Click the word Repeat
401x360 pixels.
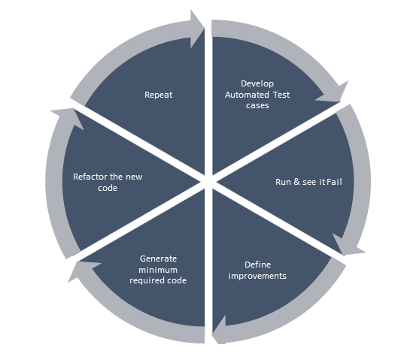point(158,95)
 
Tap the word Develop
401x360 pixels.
point(257,84)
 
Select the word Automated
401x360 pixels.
point(247,95)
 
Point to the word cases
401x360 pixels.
point(257,105)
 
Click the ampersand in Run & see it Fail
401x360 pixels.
point(296,182)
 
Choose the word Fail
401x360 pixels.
point(334,182)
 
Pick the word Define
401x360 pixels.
point(257,265)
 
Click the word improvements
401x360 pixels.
point(257,276)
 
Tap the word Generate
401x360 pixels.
point(158,259)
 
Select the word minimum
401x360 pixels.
point(158,270)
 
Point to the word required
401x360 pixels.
point(147,281)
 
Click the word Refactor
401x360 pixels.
point(90,177)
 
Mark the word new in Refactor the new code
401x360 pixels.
point(134,177)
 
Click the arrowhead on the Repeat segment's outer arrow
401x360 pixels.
point(197,29)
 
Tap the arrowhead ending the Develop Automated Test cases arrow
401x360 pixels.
point(334,93)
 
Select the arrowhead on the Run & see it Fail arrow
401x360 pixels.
point(348,246)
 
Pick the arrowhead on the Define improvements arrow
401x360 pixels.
point(219,330)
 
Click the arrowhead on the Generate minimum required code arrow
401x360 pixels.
point(81,270)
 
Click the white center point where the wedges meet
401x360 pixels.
point(208,182)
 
